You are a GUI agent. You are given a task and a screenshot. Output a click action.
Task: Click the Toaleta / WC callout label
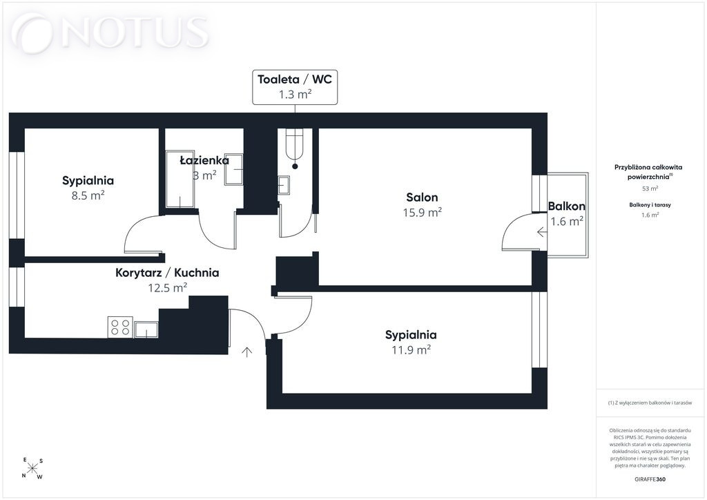pyautogui.click(x=294, y=79)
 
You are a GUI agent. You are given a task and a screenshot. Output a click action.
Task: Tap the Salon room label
pyautogui.click(x=422, y=197)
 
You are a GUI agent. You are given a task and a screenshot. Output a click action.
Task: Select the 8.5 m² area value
pyautogui.click(x=88, y=195)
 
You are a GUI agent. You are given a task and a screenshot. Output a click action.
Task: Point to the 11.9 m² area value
pyautogui.click(x=411, y=349)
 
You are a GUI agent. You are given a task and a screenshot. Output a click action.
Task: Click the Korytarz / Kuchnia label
pyautogui.click(x=167, y=272)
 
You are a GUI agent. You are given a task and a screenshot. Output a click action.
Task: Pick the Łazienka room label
pyautogui.click(x=204, y=160)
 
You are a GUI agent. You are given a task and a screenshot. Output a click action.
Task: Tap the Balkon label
pyautogui.click(x=567, y=206)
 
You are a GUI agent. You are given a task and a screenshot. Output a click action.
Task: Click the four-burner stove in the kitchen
pyautogui.click(x=120, y=327)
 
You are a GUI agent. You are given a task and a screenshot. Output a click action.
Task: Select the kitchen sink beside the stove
pyautogui.click(x=146, y=329)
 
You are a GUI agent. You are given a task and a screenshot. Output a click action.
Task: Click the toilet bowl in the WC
pyautogui.click(x=295, y=144)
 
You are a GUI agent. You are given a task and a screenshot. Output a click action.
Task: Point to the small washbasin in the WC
pyautogui.click(x=284, y=185)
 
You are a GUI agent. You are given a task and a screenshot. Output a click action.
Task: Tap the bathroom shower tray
pyautogui.click(x=180, y=180)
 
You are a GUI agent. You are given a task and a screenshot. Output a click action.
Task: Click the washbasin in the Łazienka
pyautogui.click(x=233, y=169)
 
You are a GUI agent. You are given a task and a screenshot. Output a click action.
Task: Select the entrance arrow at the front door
pyautogui.click(x=246, y=352)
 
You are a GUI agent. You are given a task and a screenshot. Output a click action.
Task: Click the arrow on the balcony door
pyautogui.click(x=542, y=232)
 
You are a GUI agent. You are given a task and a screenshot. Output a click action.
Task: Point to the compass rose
pyautogui.click(x=32, y=468)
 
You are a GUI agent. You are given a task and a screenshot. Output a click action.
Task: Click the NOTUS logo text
pyautogui.click(x=135, y=32)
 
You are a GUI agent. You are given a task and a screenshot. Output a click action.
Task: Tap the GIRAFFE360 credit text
pyautogui.click(x=650, y=479)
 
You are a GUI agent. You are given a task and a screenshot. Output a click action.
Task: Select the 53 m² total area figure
pyautogui.click(x=650, y=189)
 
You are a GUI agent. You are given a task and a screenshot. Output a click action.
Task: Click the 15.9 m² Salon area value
pyautogui.click(x=422, y=212)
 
